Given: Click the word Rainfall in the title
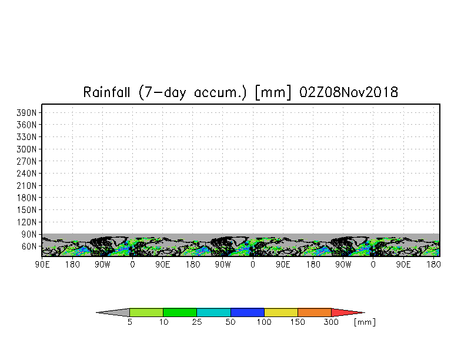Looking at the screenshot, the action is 106,92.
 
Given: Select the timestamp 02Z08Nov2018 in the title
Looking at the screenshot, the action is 349,92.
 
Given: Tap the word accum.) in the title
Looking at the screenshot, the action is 220,93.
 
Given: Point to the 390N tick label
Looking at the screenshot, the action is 26,113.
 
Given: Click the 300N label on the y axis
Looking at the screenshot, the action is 26,149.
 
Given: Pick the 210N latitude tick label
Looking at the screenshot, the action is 26,186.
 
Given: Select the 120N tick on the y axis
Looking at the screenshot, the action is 26,222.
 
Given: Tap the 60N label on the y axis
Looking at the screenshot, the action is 29,246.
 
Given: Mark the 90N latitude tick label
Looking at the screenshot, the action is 29,234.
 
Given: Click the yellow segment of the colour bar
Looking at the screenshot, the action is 281,312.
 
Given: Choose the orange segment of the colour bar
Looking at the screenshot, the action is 315,312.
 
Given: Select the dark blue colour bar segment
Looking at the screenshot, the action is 248,312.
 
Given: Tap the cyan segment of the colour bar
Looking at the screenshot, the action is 214,312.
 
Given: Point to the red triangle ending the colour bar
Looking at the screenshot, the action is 346,312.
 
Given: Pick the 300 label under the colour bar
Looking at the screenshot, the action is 332,322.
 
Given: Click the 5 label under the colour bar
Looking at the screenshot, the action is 129,322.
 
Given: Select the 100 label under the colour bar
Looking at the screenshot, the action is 264,322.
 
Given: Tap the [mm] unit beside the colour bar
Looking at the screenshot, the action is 365,322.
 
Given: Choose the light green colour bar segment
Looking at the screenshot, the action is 146,312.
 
